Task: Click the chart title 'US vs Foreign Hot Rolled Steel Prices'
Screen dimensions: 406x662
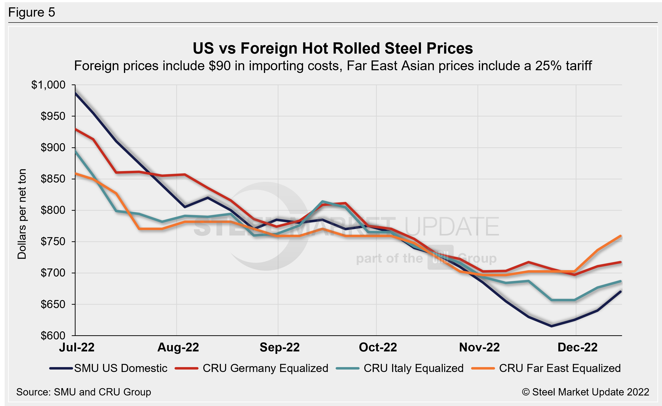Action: coord(333,48)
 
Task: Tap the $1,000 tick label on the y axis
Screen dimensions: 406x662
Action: coord(48,85)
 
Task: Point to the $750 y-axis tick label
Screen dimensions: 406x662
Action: coord(53,242)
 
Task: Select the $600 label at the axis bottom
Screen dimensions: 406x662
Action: coord(53,336)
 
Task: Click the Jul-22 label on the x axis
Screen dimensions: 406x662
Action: coord(77,347)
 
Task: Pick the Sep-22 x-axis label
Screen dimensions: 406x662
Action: coord(279,347)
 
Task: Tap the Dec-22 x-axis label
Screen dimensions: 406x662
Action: coord(577,347)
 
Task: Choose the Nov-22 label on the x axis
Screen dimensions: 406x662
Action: coord(479,347)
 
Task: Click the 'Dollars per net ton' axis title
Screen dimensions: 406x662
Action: coord(22,214)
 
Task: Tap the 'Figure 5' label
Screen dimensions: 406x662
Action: coord(32,12)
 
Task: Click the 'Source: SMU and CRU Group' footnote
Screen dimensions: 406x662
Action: coord(84,392)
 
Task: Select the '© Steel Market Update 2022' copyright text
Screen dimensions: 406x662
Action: coord(585,392)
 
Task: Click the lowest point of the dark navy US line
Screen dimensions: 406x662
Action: coord(552,326)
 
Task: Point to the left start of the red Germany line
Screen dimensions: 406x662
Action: coord(76,129)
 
